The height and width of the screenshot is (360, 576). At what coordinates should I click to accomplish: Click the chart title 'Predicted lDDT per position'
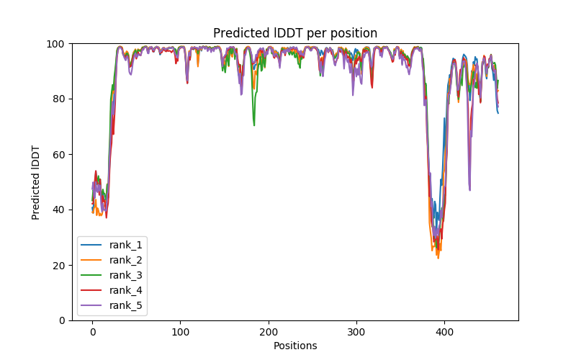tap(295, 33)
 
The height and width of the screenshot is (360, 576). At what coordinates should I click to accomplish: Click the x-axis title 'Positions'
tap(295, 346)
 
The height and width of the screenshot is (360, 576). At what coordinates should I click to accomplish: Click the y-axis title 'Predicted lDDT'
tap(36, 182)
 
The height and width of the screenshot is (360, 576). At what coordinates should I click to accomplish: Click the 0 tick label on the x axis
tap(92, 332)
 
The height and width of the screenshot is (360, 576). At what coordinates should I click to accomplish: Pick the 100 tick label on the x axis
tap(180, 332)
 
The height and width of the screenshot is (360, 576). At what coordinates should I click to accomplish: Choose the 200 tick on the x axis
tap(269, 332)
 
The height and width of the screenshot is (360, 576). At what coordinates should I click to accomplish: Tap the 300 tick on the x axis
tap(356, 332)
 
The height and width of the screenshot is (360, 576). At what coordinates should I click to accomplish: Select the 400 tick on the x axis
tap(444, 332)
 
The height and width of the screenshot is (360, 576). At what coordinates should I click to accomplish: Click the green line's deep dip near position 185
tap(254, 125)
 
